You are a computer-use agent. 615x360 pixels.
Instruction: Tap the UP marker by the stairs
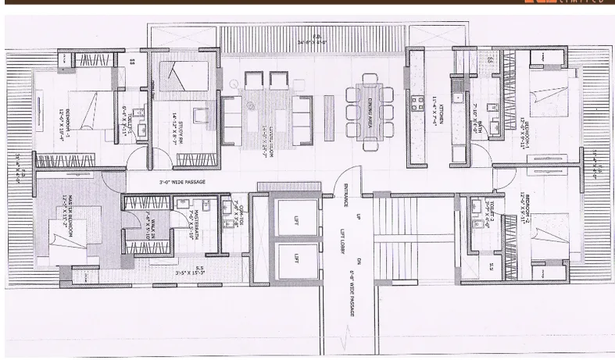coord(359,215)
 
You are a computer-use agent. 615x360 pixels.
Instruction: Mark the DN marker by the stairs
coord(359,260)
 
